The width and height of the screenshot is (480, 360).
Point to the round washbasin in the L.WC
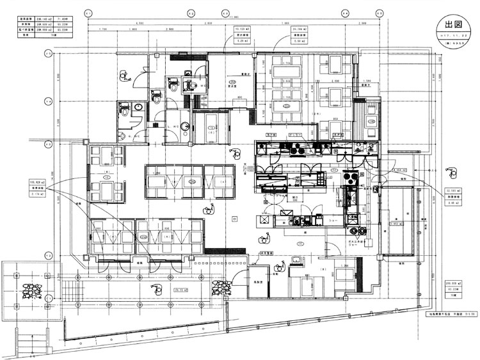[184, 125]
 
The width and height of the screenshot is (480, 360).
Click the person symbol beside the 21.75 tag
[156, 288]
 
